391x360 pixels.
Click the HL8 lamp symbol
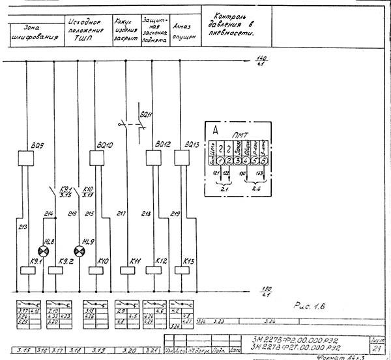[x=44, y=251]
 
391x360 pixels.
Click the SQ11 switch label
[x=148, y=117]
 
